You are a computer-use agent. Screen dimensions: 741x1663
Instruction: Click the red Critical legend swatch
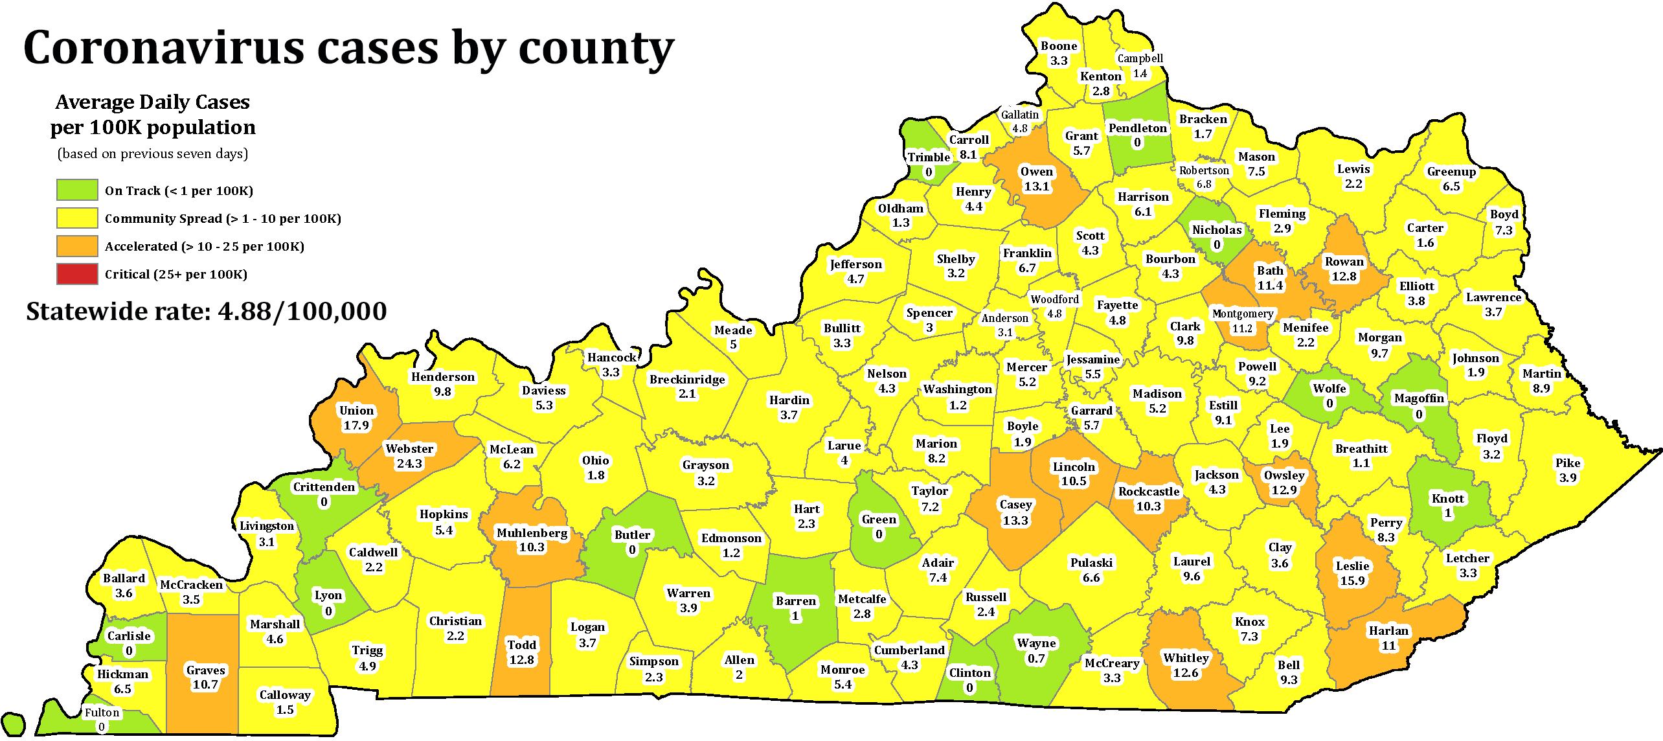point(77,274)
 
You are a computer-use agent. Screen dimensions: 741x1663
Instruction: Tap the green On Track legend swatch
point(77,190)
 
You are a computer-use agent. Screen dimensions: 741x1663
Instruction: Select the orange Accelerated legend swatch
point(77,246)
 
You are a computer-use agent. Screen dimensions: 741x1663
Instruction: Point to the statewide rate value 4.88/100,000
point(302,312)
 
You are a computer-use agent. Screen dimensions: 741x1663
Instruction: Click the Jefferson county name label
point(855,264)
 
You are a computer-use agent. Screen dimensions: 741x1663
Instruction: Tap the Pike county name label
point(1568,462)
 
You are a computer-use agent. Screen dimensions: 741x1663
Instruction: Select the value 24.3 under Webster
point(409,464)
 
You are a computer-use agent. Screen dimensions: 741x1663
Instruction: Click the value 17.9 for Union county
point(356,426)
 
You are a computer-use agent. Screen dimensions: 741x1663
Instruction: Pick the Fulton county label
point(102,712)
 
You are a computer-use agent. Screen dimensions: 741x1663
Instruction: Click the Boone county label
point(1059,46)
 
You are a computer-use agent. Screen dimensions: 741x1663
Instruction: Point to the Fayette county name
point(1117,305)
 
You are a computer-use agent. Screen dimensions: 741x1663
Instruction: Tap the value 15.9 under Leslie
point(1352,581)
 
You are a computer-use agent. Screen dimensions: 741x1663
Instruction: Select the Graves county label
point(205,670)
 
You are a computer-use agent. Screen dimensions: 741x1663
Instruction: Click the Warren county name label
point(688,593)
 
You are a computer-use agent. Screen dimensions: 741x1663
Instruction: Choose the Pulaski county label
point(1091,562)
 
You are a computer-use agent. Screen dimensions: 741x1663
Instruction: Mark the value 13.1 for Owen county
point(1036,187)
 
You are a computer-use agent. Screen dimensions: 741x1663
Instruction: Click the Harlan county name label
point(1388,631)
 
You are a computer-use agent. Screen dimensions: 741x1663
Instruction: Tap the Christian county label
point(455,621)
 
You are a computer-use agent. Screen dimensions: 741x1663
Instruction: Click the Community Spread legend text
point(223,218)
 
